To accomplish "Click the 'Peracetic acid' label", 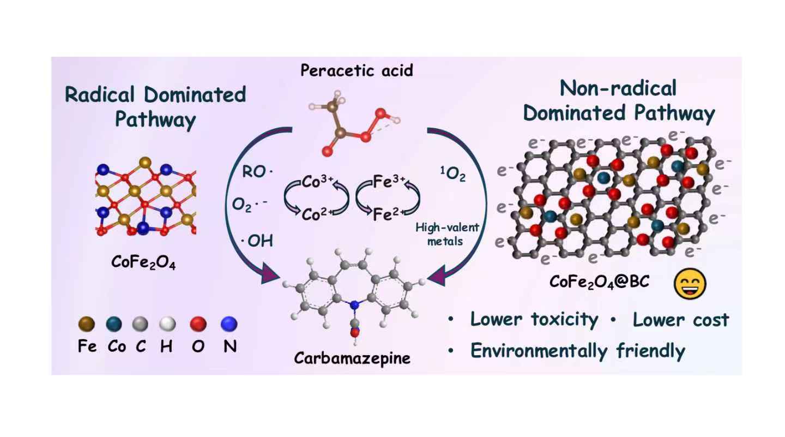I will point(357,70).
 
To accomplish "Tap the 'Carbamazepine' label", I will point(352,358).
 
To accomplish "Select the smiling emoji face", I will point(690,284).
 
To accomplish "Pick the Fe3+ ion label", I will point(388,182).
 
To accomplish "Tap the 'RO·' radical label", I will point(257,172).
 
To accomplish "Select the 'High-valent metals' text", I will point(439,234).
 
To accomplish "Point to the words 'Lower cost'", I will point(680,320).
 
